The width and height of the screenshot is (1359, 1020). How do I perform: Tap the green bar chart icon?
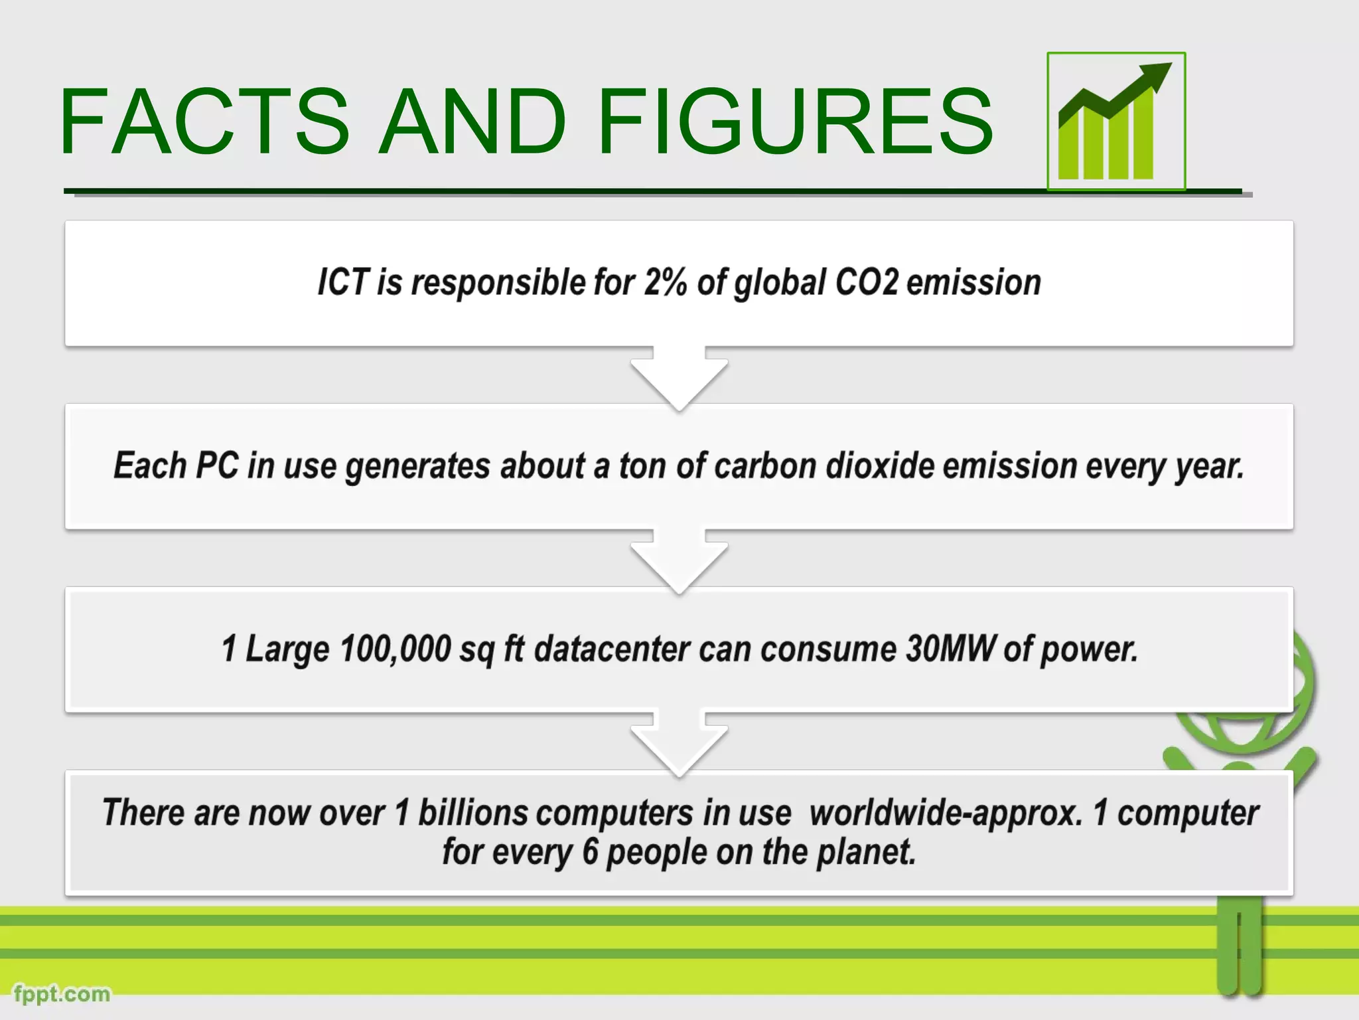(1115, 122)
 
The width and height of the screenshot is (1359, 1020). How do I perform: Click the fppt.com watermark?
(62, 993)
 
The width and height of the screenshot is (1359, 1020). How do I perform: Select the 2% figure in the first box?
(666, 282)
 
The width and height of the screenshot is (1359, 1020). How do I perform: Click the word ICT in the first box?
(342, 282)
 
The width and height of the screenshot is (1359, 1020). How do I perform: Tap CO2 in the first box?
(866, 282)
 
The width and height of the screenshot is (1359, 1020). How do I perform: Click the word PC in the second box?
(216, 466)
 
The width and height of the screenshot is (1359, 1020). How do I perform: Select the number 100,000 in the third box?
(395, 649)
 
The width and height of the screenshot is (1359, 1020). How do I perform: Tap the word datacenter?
(611, 649)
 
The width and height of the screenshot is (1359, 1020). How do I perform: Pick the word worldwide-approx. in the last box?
(946, 813)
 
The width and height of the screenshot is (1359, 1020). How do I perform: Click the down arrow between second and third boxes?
(679, 560)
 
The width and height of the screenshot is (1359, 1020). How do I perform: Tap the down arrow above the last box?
(679, 744)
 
